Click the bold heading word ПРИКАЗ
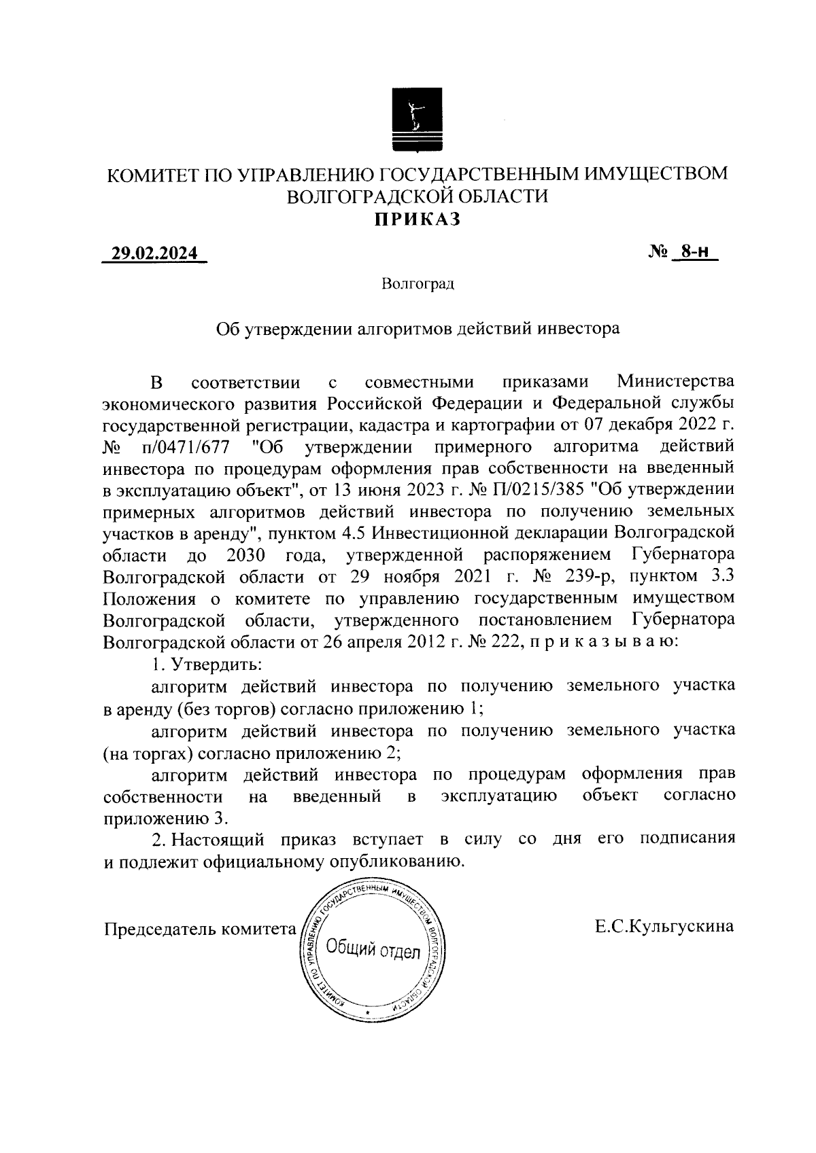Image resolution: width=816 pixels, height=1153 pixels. (x=417, y=219)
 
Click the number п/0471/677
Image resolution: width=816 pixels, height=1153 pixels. (x=186, y=448)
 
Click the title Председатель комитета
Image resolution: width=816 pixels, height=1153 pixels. (x=197, y=927)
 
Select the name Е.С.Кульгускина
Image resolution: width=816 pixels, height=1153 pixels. (x=664, y=926)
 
